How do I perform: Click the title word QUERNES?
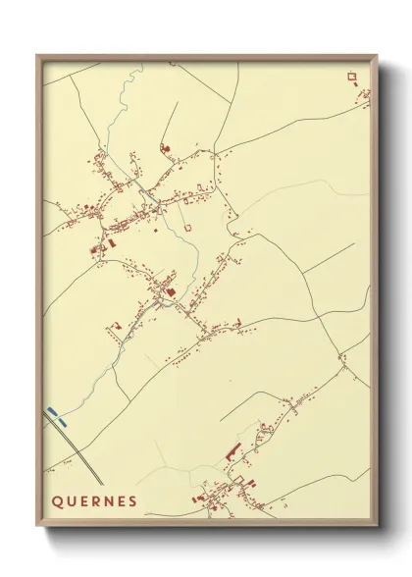coord(94,500)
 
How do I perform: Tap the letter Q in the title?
coord(57,500)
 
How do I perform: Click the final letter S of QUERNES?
coord(131,500)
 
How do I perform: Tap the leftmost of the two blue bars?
coord(51,412)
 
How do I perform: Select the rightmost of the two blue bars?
coord(63,419)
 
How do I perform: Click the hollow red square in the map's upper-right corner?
coord(350,75)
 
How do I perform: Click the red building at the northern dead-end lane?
coord(165,147)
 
